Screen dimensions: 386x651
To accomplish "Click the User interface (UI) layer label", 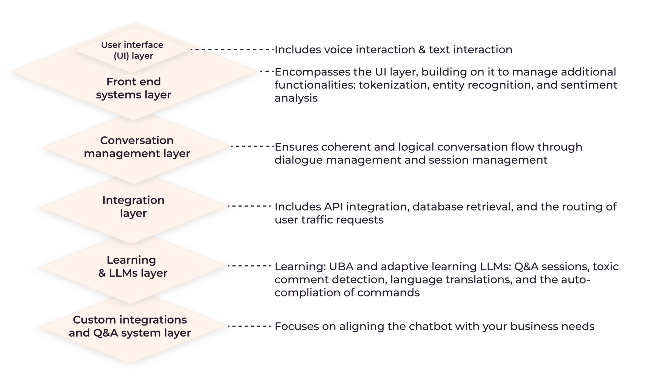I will [132, 50].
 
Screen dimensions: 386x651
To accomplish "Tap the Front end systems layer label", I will [134, 88].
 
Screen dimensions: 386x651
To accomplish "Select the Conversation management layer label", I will [137, 147].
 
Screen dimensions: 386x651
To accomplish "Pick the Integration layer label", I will [133, 207].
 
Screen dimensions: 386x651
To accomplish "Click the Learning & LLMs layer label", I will [132, 267].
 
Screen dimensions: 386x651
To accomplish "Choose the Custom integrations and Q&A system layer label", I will [130, 326].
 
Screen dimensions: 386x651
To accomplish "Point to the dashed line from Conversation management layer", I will [252, 146].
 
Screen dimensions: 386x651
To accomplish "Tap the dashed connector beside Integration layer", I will [249, 206].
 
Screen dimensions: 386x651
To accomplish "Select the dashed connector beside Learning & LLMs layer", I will [249, 266].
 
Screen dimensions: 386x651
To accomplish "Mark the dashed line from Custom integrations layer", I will [249, 326].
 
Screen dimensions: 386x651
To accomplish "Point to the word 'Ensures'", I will [296, 147].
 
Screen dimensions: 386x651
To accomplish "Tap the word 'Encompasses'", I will [312, 72].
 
